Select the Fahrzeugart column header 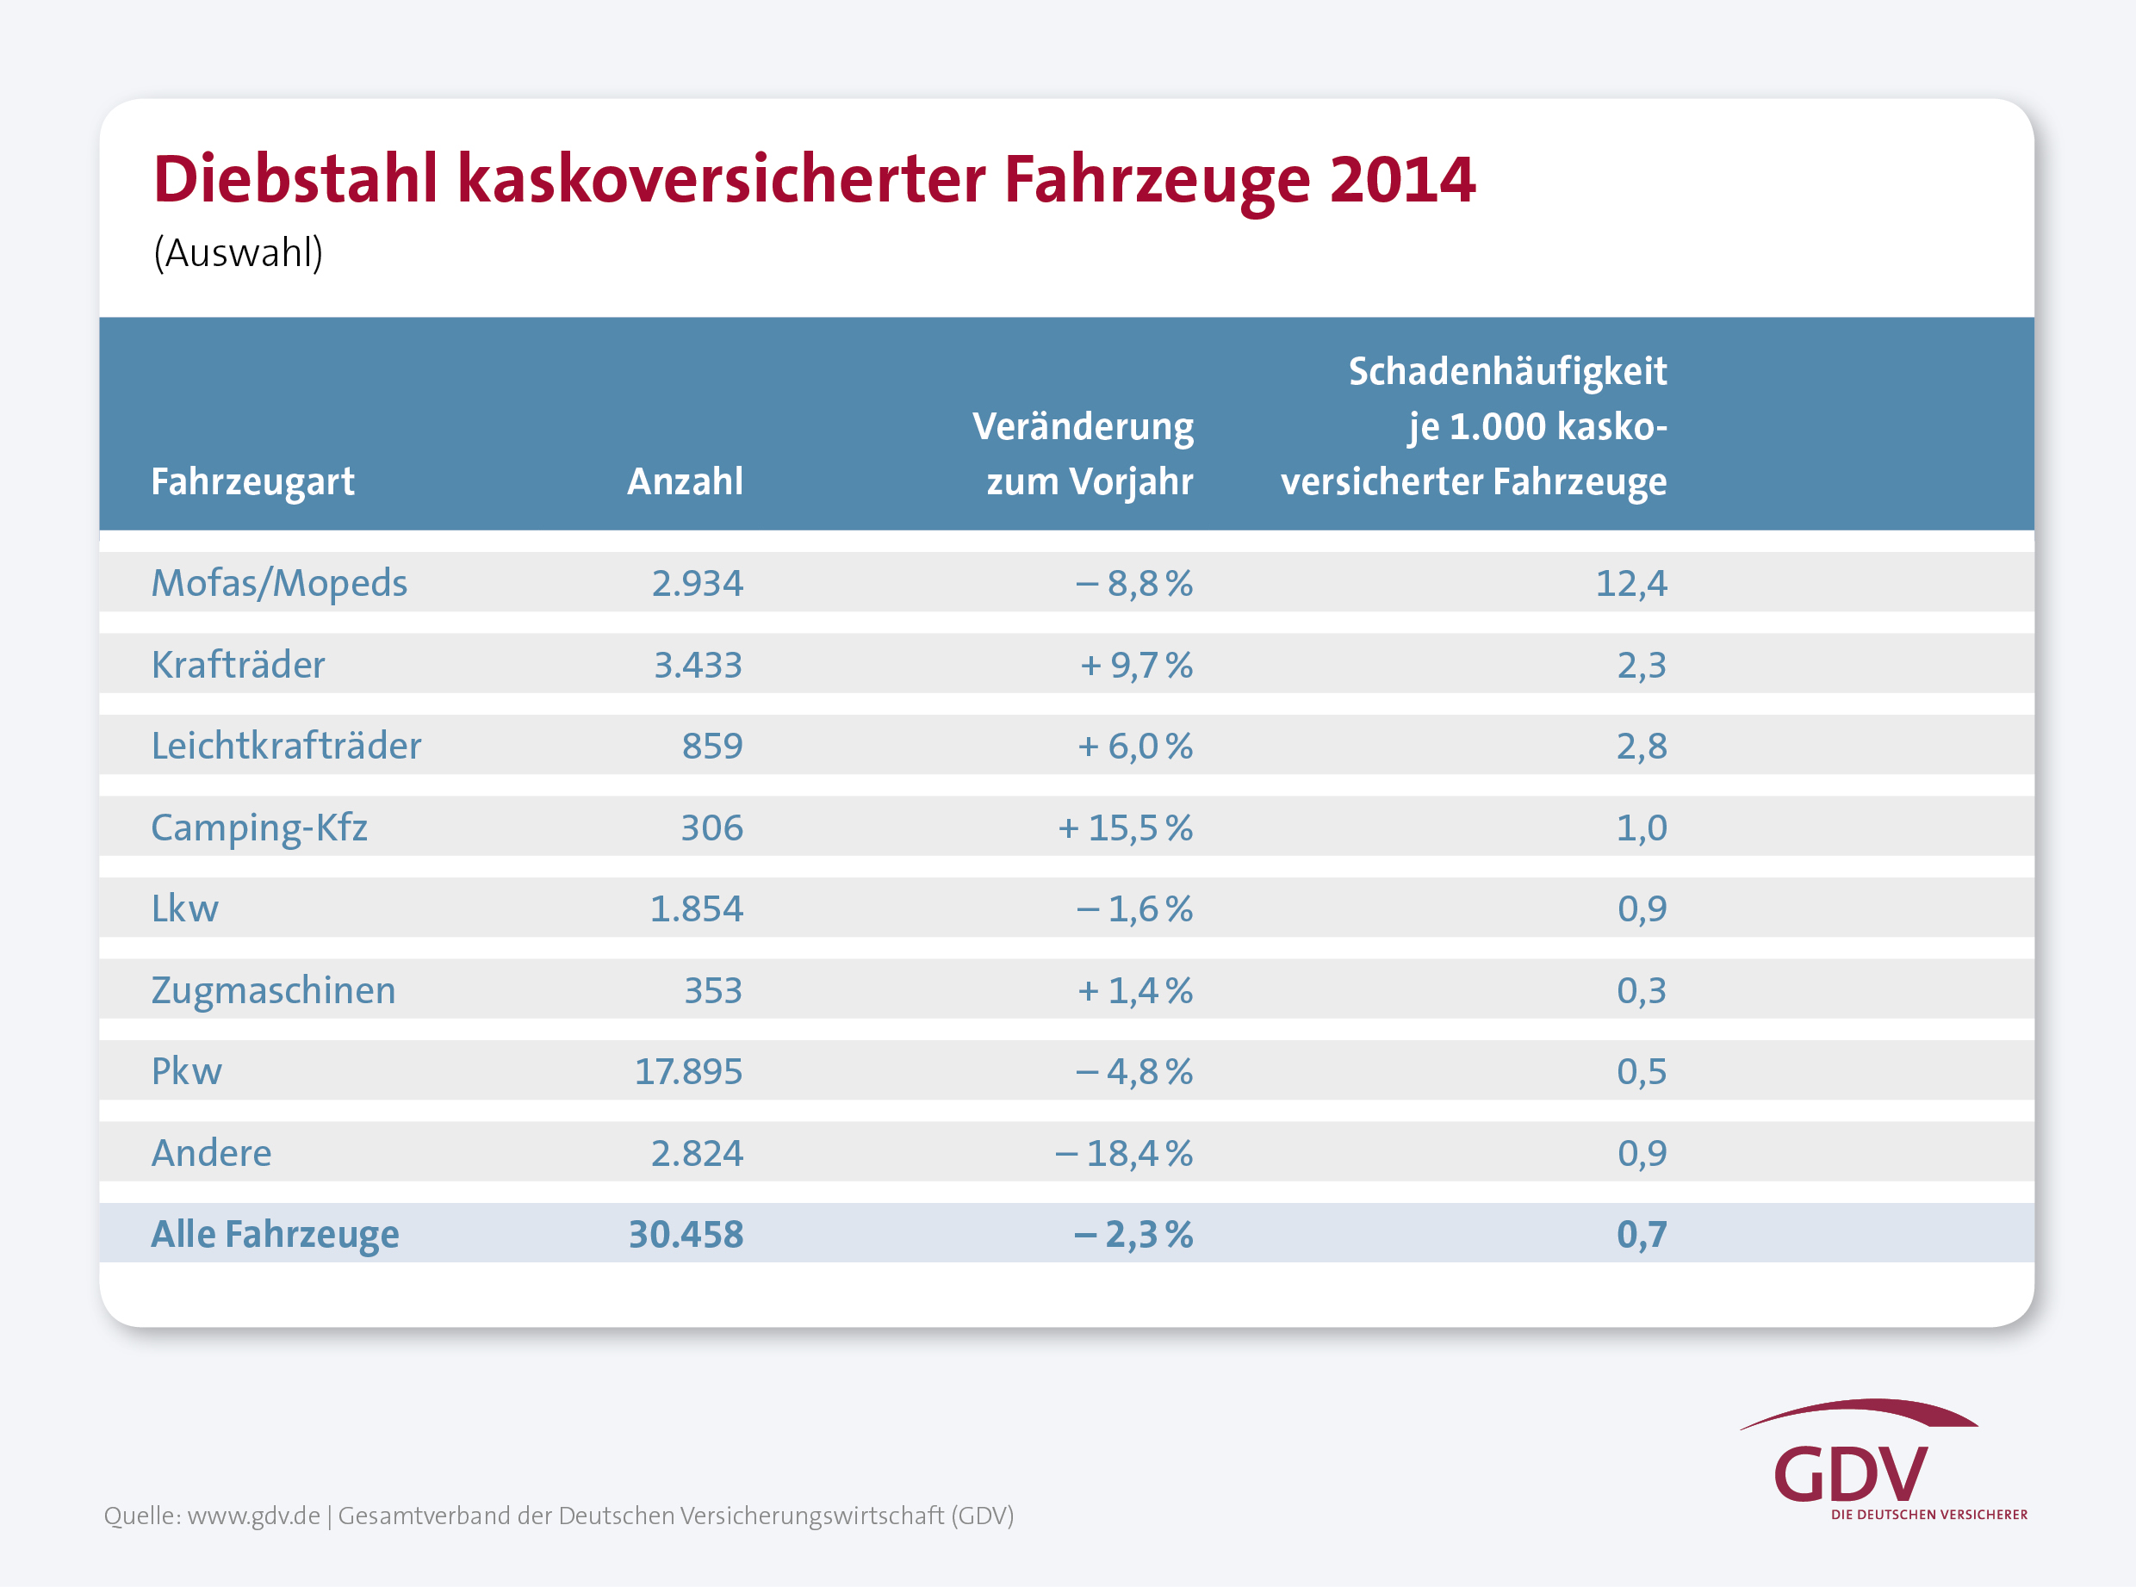(x=252, y=481)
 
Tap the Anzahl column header (x=685, y=481)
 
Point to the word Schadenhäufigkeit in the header (x=1506, y=372)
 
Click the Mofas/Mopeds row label (x=279, y=583)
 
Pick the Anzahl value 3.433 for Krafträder (x=698, y=665)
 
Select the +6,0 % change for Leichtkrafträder (x=1135, y=747)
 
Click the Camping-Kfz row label (x=258, y=828)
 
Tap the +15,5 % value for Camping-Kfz (x=1125, y=828)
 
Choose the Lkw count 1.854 (x=697, y=908)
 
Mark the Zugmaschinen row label (x=273, y=990)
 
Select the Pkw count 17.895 (x=688, y=1072)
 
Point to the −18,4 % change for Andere (x=1123, y=1153)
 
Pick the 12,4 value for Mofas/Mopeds (x=1630, y=583)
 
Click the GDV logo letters (x=1850, y=1474)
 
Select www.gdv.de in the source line (x=254, y=1516)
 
